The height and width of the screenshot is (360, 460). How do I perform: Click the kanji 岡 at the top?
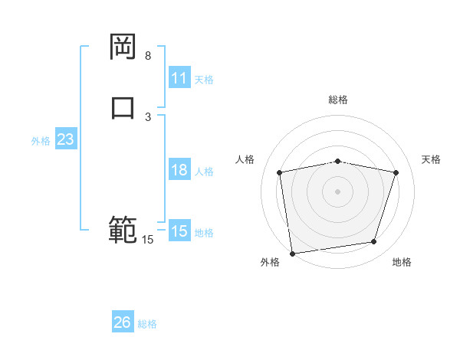pyautogui.click(x=123, y=47)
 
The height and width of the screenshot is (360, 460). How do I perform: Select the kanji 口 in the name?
pyautogui.click(x=123, y=106)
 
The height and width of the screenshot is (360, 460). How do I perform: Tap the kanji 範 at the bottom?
pyautogui.click(x=123, y=230)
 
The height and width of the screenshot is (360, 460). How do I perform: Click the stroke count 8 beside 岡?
pyautogui.click(x=148, y=56)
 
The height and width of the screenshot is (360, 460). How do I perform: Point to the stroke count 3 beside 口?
pyautogui.click(x=148, y=116)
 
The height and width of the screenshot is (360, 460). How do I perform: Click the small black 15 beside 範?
pyautogui.click(x=147, y=240)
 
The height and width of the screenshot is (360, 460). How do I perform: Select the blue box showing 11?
pyautogui.click(x=179, y=78)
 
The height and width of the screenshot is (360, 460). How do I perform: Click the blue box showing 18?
pyautogui.click(x=179, y=170)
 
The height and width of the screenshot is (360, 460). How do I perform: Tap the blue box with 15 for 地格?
pyautogui.click(x=179, y=231)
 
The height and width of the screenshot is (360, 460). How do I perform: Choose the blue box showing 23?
pyautogui.click(x=65, y=140)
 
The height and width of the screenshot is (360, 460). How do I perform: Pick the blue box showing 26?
pyautogui.click(x=123, y=322)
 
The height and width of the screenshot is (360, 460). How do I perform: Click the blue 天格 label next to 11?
pyautogui.click(x=204, y=79)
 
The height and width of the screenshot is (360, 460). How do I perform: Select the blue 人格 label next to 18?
pyautogui.click(x=204, y=171)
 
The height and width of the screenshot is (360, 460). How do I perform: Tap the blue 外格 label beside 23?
pyautogui.click(x=41, y=141)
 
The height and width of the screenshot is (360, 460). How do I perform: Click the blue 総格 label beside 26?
pyautogui.click(x=147, y=323)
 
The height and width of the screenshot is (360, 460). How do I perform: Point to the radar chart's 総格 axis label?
pyautogui.click(x=338, y=100)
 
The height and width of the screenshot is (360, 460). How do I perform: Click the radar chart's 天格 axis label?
pyautogui.click(x=432, y=159)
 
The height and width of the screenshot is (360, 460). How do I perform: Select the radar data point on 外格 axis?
pyautogui.click(x=292, y=253)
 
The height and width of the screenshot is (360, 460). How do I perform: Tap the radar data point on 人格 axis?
pyautogui.click(x=280, y=172)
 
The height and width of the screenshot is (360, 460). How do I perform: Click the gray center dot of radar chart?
pyautogui.click(x=338, y=191)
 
